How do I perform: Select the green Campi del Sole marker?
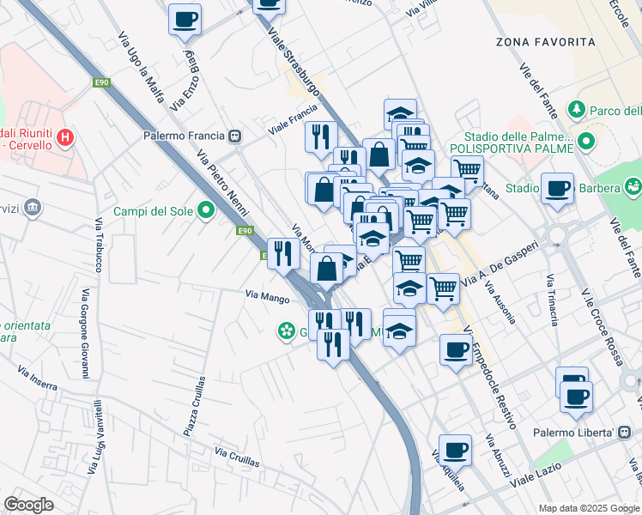[x=206, y=209]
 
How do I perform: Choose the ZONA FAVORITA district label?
[x=545, y=41]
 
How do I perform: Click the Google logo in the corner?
[x=28, y=504]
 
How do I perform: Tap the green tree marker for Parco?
[x=577, y=110]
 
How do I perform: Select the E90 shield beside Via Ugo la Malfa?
[x=102, y=82]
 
